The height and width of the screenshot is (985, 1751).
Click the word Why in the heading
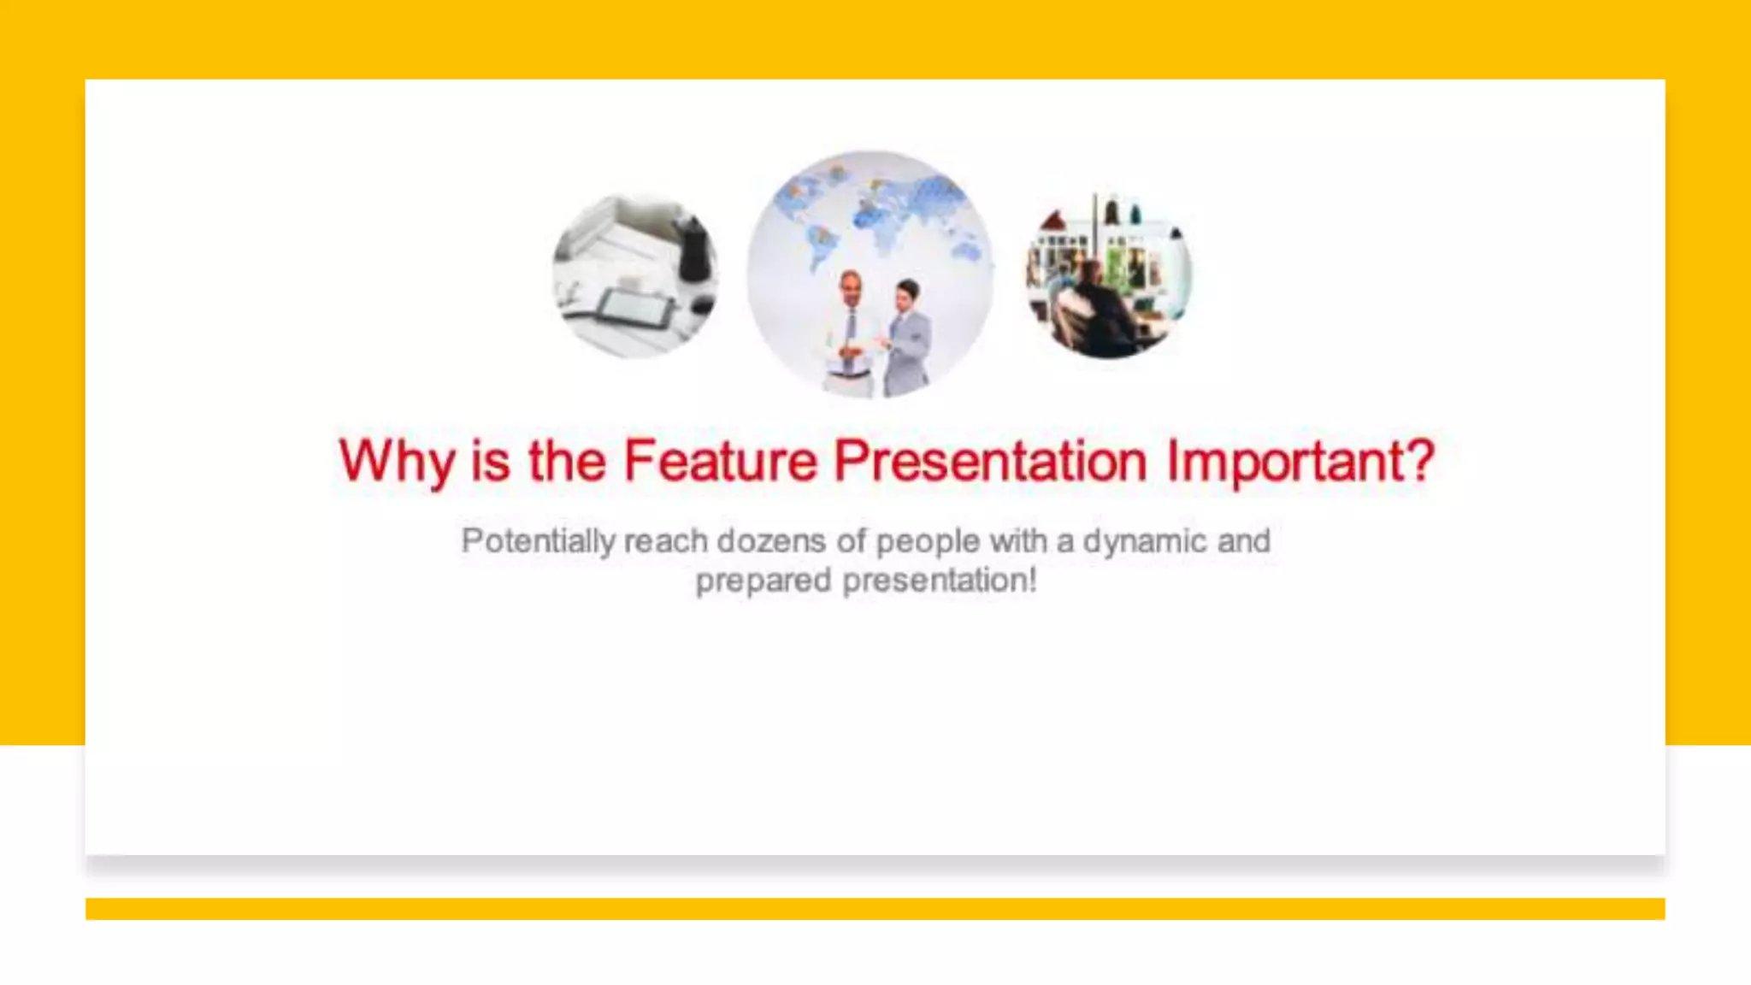pos(397,462)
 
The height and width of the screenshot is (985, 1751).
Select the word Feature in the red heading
pos(721,462)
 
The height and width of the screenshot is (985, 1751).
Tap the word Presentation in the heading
pos(990,462)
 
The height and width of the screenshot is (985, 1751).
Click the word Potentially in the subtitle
pos(538,541)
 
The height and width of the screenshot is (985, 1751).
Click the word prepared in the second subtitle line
pos(763,581)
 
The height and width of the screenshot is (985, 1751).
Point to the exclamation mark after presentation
pos(1032,580)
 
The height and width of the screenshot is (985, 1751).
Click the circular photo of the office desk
pos(635,275)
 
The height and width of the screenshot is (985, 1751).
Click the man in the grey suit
pos(908,338)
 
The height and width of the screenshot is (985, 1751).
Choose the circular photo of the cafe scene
pos(1109,275)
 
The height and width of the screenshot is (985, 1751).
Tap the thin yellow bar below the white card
pos(875,908)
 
